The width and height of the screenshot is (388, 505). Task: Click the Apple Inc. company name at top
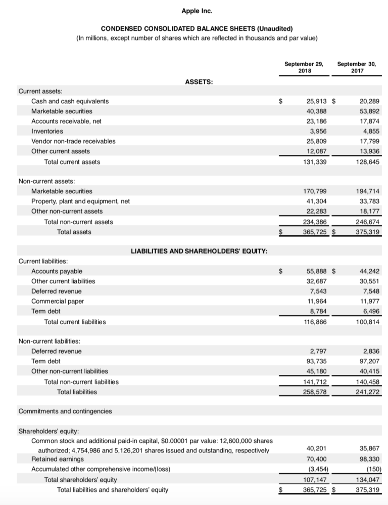(x=194, y=10)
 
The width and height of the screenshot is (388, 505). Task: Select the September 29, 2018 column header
(x=304, y=67)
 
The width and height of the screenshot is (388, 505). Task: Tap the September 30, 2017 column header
(x=356, y=67)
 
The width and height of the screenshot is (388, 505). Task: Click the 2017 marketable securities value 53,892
(x=367, y=111)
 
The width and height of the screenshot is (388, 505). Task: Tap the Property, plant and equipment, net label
(x=80, y=201)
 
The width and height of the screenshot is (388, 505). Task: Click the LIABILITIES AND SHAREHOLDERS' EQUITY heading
(x=199, y=251)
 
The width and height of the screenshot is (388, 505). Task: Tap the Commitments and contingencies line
(x=65, y=411)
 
